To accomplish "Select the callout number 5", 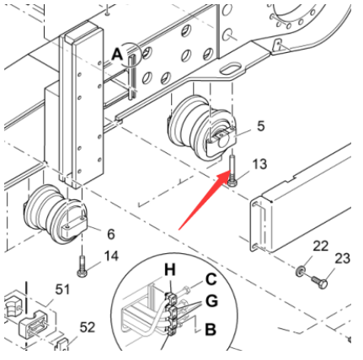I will coord(260,126).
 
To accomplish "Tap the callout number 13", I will coord(259,162).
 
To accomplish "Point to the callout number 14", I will coord(111,255).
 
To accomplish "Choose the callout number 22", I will coord(320,245).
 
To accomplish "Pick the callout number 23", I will coord(342,259).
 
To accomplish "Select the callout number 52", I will coord(87,327).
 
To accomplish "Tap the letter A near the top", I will coord(116,54).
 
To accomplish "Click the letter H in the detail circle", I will coord(168,270).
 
